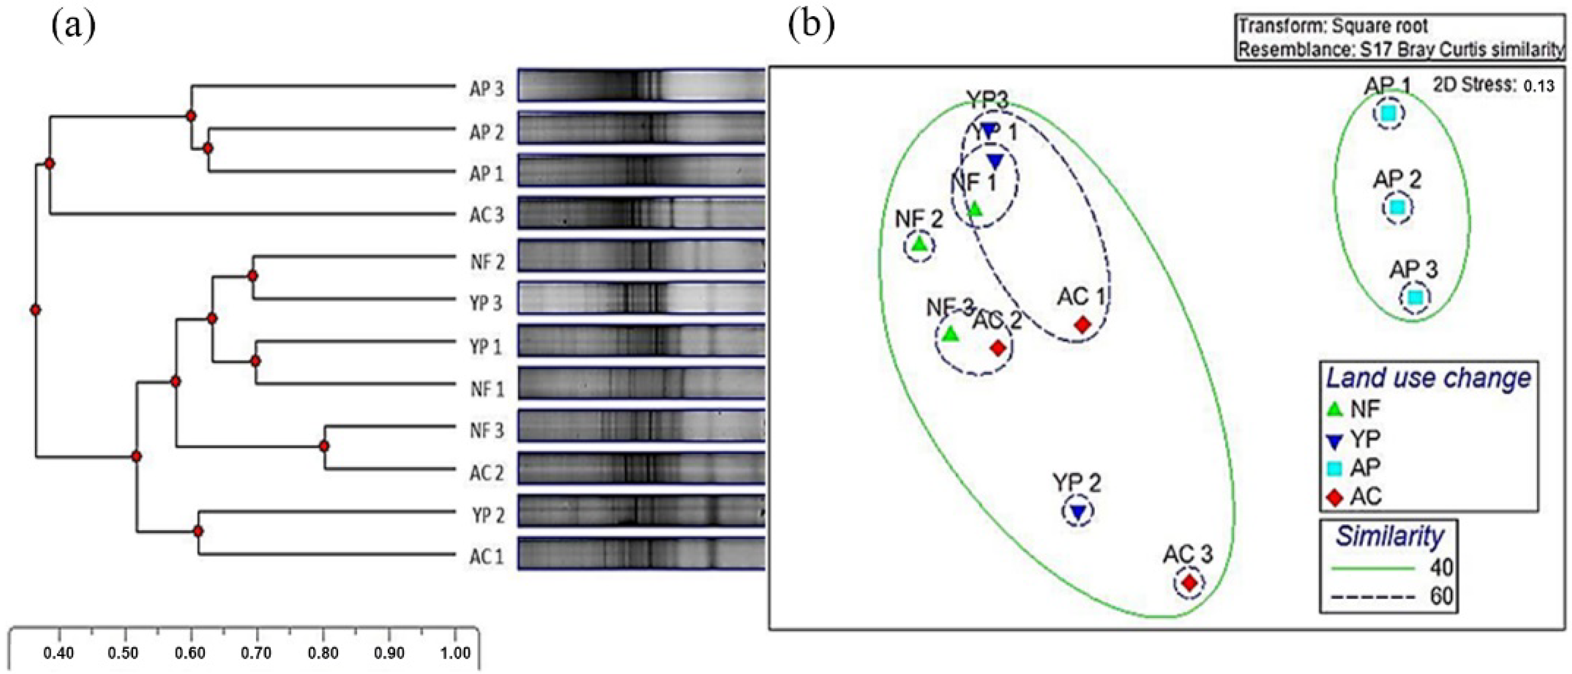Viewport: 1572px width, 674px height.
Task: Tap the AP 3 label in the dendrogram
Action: [486, 89]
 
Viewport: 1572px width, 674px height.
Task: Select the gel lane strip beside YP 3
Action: [641, 298]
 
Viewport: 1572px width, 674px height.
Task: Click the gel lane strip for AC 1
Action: [641, 554]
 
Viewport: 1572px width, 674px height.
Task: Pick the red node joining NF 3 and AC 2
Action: [324, 446]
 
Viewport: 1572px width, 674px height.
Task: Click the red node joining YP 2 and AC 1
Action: [198, 531]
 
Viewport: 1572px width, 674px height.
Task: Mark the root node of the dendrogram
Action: [36, 310]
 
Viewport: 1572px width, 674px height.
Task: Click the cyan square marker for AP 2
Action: [1397, 207]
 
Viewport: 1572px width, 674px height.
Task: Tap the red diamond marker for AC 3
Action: [1189, 582]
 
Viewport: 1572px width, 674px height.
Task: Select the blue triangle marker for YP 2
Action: [1078, 512]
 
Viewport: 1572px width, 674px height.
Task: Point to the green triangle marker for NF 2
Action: [920, 245]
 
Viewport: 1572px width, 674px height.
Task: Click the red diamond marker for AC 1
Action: [1083, 324]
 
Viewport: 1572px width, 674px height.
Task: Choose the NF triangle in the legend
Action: [1335, 409]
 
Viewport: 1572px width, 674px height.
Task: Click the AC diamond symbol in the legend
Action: [1335, 498]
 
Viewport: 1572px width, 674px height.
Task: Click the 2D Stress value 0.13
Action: [1539, 86]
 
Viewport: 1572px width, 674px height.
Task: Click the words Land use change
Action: [1428, 378]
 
